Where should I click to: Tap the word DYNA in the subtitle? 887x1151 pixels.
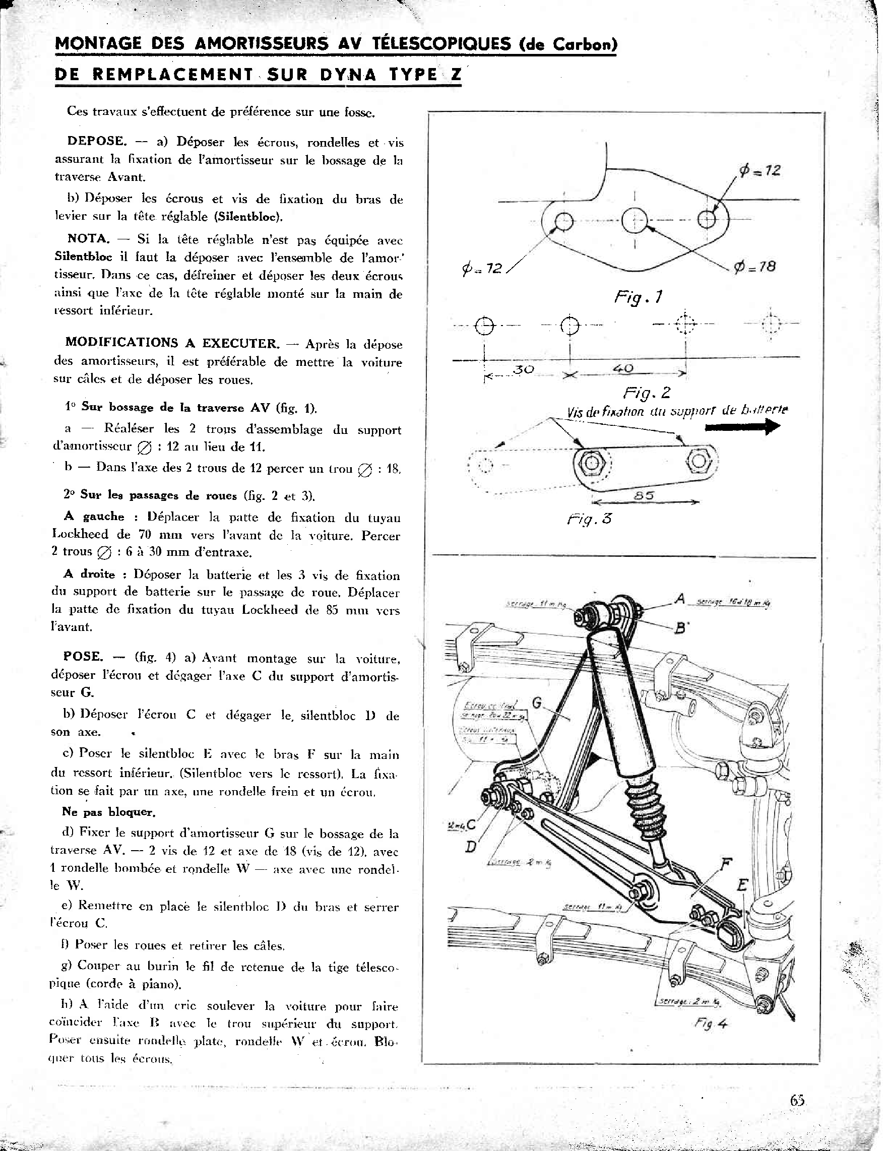[347, 75]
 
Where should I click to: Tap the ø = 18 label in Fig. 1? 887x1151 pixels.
[755, 267]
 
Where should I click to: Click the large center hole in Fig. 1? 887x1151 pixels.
[635, 221]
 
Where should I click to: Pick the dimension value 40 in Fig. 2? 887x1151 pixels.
[623, 368]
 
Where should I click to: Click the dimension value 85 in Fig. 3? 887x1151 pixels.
[644, 495]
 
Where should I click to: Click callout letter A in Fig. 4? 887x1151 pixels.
[680, 599]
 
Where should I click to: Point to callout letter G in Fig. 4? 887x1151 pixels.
[537, 702]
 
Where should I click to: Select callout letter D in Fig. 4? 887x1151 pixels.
[471, 847]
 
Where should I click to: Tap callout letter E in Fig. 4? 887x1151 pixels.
[741, 885]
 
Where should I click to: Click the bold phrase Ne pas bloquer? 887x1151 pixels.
[108, 812]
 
